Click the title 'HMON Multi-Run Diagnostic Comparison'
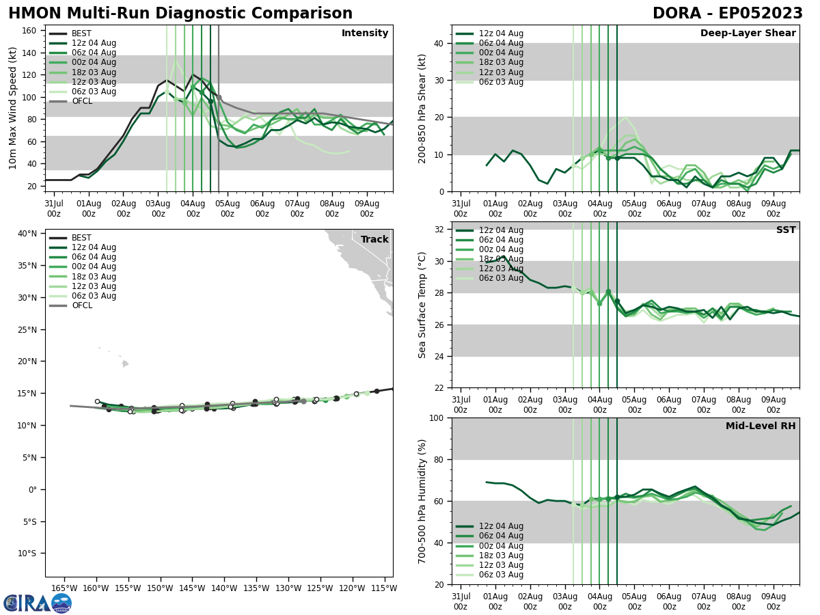click(180, 14)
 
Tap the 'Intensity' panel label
click(365, 33)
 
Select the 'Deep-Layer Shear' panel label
click(748, 33)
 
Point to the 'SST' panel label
click(786, 230)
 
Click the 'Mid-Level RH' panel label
click(761, 426)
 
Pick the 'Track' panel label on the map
click(374, 240)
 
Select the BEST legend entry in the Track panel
click(81, 238)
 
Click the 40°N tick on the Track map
click(27, 234)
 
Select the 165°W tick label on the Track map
click(64, 588)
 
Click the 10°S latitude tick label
click(26, 553)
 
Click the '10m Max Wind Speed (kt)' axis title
click(13, 108)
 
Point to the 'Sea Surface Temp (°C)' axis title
click(422, 305)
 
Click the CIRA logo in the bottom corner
click(38, 603)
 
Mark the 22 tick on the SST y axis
click(437, 388)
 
